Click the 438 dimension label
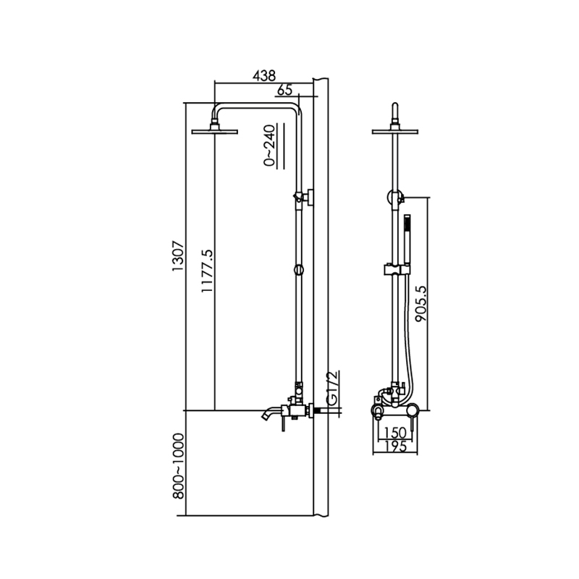(x=264, y=76)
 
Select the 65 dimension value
(x=284, y=90)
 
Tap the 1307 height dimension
(x=177, y=256)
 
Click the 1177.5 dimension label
(x=207, y=271)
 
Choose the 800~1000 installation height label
(x=178, y=466)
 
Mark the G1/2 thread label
(x=332, y=389)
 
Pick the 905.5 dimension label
(x=420, y=303)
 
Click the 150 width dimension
(x=394, y=432)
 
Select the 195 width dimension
(x=395, y=447)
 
